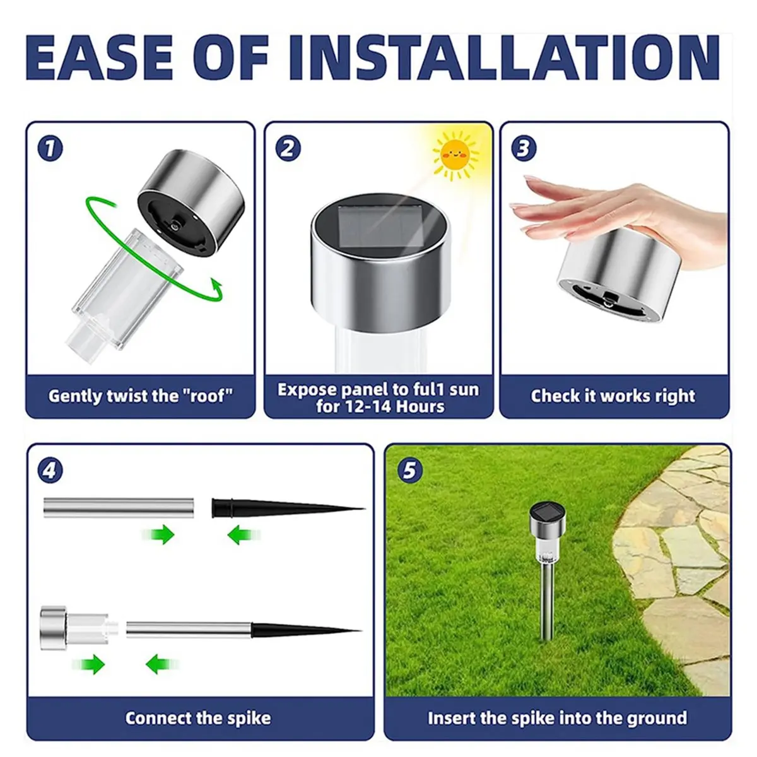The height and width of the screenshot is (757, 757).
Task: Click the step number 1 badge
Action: pos(50,149)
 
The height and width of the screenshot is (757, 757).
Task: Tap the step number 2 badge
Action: pos(288,149)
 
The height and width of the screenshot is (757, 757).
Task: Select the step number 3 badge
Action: pos(524,149)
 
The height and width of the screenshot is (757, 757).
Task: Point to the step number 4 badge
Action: pos(50,471)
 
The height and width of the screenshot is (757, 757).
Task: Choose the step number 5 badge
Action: pos(410,471)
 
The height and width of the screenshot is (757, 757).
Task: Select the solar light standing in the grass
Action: pos(547,568)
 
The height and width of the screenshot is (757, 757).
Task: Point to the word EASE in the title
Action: pos(101,58)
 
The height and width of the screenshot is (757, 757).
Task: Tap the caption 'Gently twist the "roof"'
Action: pos(140,396)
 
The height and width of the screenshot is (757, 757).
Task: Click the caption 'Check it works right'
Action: pos(613,396)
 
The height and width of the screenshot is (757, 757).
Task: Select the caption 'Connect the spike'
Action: pos(198,718)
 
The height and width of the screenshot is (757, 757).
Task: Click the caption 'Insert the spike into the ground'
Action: pos(557,718)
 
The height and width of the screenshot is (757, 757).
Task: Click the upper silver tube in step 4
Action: pos(119,507)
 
